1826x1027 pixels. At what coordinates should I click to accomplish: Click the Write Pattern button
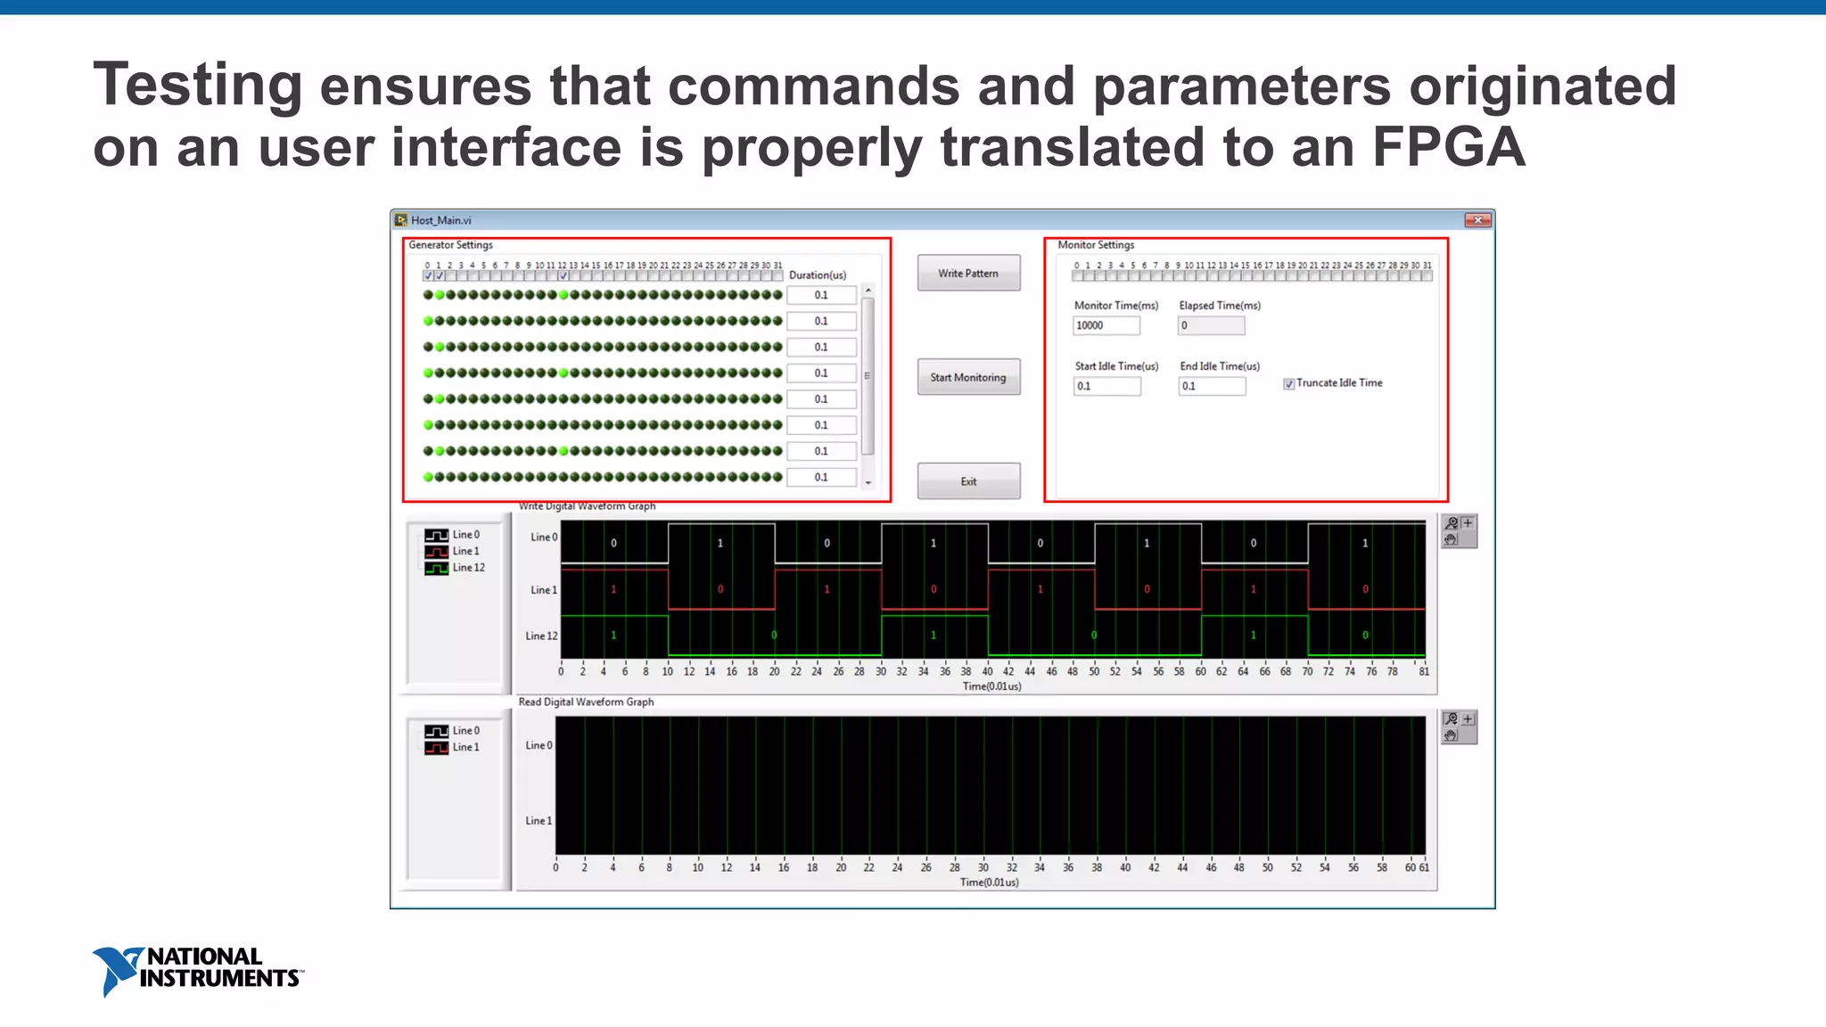(968, 274)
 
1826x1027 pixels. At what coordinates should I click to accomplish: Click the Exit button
(968, 481)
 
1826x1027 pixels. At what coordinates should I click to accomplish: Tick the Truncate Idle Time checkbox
(1288, 384)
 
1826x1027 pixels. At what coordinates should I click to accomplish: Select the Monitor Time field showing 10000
(1106, 325)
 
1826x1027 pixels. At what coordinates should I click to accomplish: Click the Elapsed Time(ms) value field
(1211, 325)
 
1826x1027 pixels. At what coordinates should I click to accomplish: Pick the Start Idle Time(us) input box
(1106, 386)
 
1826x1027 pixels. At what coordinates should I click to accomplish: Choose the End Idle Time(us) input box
(1212, 386)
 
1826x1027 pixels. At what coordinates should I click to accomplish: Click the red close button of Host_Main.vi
(1477, 220)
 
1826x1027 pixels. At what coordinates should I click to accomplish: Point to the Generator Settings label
(450, 245)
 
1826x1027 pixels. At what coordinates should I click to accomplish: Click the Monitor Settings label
(1096, 245)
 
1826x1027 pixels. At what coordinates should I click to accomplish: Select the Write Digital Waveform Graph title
(587, 506)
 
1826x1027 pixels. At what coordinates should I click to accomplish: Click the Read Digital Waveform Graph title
(586, 702)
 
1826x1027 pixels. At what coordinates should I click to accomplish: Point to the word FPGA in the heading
(1448, 147)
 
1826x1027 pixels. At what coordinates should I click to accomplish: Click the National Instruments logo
(197, 970)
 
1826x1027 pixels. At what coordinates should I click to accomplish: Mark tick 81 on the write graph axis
(1424, 671)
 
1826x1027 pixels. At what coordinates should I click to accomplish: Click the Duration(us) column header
(817, 275)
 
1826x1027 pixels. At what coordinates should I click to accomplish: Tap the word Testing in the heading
(198, 86)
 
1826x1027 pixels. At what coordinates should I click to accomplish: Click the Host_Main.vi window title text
(440, 220)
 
